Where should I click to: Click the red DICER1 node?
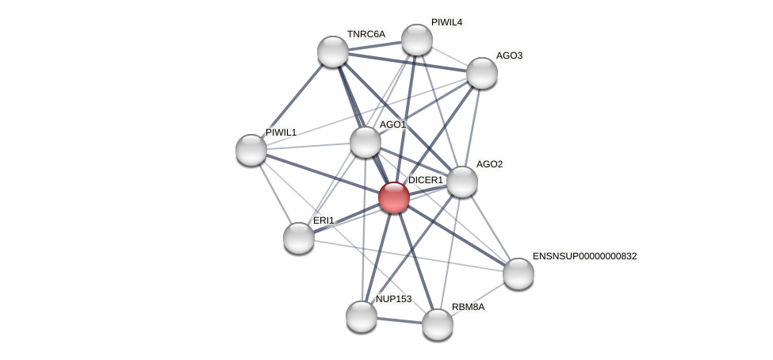point(394,197)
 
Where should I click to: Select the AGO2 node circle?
point(462,182)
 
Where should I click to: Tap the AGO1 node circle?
point(365,142)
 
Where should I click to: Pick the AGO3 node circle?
point(481,73)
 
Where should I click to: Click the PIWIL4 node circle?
point(417,40)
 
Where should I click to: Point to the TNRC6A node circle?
point(333,52)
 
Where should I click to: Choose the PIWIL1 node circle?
point(251,150)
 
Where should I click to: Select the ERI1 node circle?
point(299,238)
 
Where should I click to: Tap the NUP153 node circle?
point(362,316)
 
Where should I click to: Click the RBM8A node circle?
point(438,324)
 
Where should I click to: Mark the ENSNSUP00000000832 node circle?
point(519,274)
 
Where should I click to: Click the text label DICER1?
point(426,180)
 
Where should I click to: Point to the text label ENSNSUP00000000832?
point(584,256)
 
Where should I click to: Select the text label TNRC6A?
point(365,34)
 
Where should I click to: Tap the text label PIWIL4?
point(446,22)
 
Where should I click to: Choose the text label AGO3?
point(509,56)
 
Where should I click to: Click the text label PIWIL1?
point(281,132)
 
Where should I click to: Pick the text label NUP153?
point(393,299)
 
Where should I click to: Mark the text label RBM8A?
point(468,307)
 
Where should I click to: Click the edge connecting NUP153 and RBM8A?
point(400,320)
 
